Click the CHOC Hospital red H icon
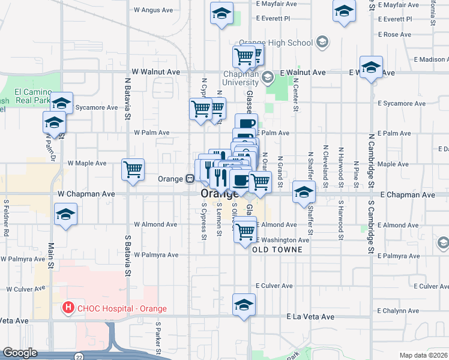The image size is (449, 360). (x=68, y=309)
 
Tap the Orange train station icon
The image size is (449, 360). (x=188, y=179)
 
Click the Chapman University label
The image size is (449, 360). (x=240, y=77)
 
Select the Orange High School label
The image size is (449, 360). (x=276, y=43)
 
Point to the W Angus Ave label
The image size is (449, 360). (x=153, y=10)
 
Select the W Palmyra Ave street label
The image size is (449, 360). (x=156, y=255)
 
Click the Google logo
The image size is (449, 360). (x=20, y=353)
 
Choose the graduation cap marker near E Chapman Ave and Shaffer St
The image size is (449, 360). (x=304, y=192)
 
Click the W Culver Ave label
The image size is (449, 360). (x=26, y=289)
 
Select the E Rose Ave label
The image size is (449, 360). (x=394, y=35)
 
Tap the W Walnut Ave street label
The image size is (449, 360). (x=156, y=71)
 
